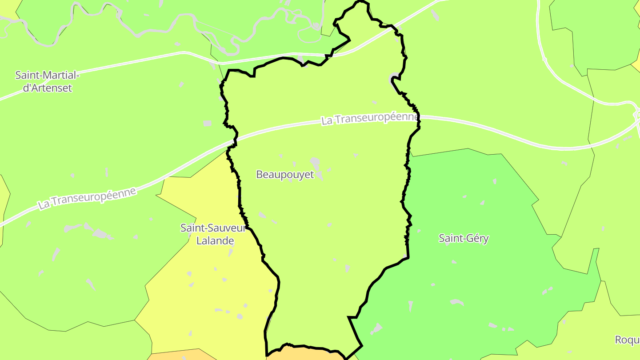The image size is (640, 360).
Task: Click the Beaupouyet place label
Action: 285,175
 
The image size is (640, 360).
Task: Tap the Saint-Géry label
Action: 464,239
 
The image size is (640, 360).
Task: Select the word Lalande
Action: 215,241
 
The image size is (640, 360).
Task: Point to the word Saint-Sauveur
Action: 213,228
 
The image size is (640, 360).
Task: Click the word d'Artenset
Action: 47,88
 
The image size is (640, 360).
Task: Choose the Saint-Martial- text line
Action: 47,75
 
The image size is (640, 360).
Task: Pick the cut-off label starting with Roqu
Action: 627,340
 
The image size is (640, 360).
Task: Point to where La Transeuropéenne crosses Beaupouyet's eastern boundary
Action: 418,118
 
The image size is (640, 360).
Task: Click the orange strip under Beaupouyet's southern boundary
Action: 307,354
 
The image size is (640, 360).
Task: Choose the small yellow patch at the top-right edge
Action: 636,65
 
